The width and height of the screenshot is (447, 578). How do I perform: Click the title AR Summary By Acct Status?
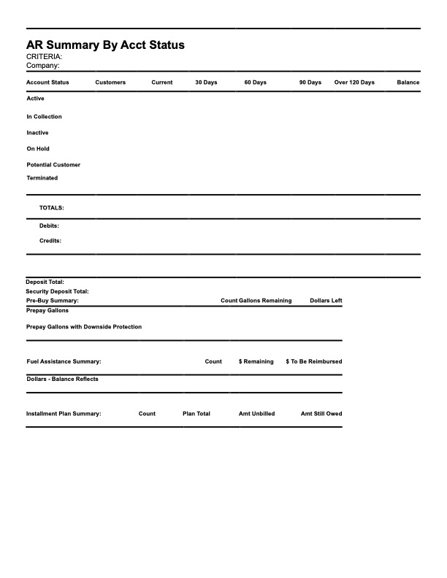point(105,45)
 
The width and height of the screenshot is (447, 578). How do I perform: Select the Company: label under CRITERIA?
point(43,65)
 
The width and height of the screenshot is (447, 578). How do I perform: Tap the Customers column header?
point(110,82)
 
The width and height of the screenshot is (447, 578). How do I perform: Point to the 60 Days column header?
point(255,82)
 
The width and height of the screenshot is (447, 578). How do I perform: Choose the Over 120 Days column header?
point(354,82)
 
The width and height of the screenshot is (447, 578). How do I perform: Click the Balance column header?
point(408,82)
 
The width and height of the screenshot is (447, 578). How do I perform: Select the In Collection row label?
point(44,117)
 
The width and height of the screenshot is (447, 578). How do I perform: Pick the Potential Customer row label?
point(53,165)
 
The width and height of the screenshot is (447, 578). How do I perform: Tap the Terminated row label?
point(42,178)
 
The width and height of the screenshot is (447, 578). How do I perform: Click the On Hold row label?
point(38,149)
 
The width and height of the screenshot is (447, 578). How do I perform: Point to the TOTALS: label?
point(51,208)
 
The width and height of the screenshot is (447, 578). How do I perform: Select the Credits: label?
point(50,241)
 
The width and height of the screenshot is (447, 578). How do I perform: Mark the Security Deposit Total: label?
point(57,291)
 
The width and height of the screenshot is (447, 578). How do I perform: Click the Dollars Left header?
point(326,301)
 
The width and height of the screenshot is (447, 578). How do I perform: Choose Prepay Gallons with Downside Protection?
point(84,327)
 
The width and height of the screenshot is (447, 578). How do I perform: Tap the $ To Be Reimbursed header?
point(314,361)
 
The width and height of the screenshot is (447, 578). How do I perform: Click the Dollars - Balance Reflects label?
point(62,379)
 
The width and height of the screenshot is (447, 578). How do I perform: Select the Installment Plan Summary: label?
point(64,414)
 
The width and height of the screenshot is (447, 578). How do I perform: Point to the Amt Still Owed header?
point(321,414)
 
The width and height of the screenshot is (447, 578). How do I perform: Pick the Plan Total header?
point(196,414)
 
